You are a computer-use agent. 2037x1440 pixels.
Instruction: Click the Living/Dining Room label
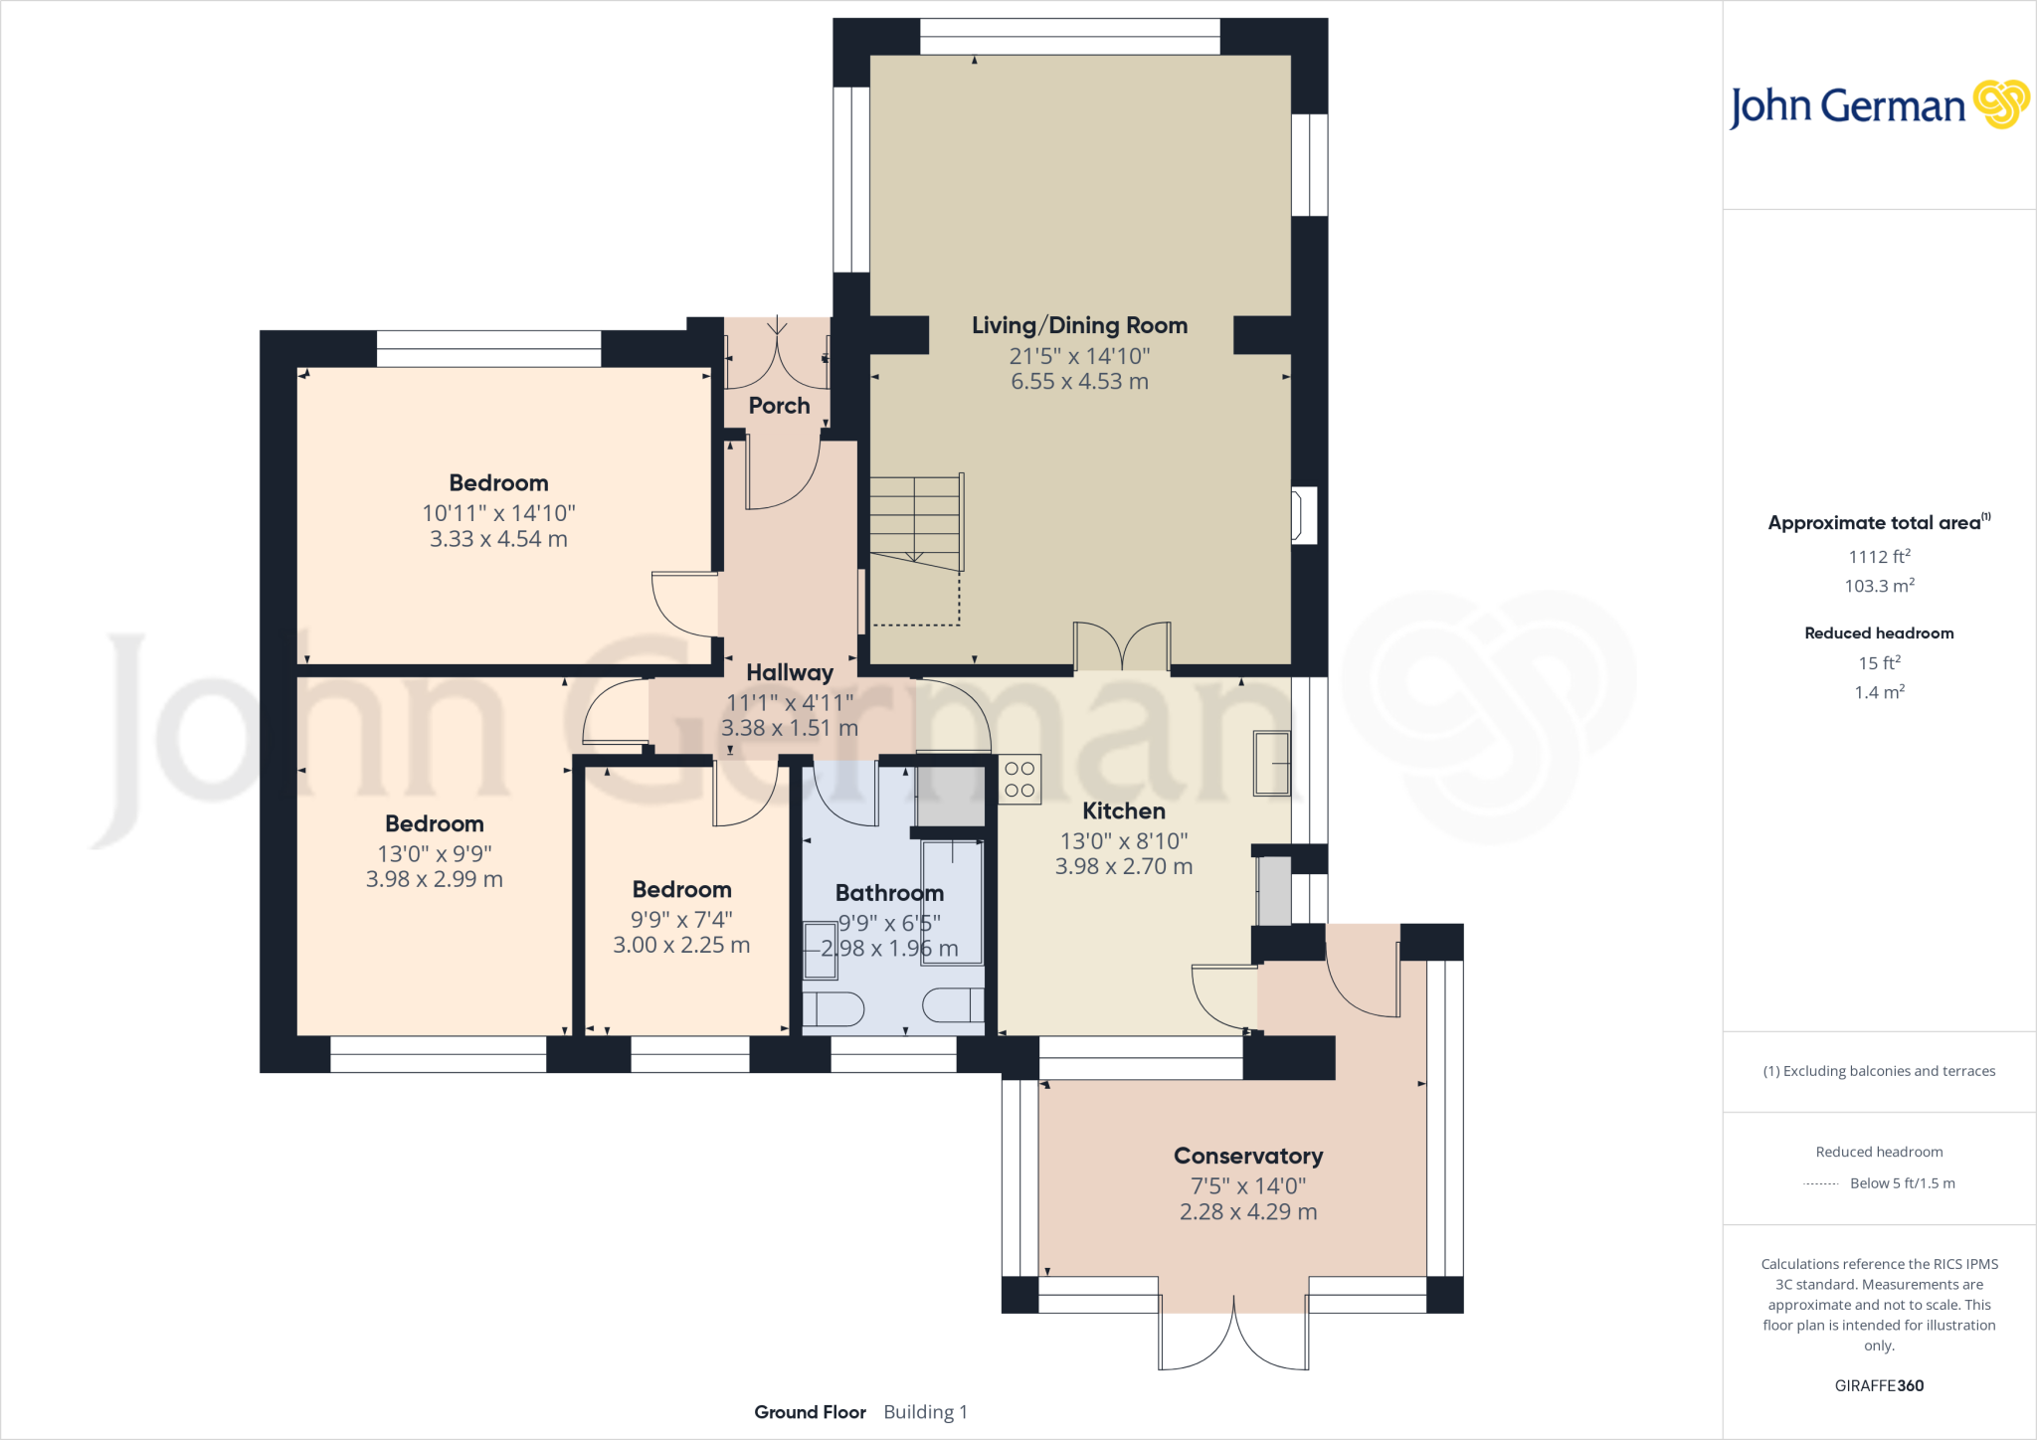1079,325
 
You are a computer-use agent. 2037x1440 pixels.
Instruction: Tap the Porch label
779,406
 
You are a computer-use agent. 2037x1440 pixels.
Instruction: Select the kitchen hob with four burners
1019,780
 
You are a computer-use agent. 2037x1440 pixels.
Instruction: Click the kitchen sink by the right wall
1271,763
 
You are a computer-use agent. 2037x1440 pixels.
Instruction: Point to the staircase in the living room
916,520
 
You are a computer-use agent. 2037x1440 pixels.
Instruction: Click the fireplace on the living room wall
1303,515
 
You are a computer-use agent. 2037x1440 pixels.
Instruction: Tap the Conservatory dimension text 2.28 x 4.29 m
1248,1212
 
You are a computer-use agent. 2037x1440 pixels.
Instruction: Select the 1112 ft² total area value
1879,557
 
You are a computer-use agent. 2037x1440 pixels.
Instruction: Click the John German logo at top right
1879,105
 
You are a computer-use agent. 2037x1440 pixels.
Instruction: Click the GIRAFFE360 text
1879,1385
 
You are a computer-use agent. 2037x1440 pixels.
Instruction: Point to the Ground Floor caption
810,1412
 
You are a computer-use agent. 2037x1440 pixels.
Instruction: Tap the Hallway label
790,673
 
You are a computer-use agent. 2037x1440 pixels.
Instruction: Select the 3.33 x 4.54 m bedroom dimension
498,539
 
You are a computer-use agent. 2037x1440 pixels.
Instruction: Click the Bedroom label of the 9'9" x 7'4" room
681,890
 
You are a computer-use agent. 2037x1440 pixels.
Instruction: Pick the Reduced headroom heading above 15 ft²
1879,633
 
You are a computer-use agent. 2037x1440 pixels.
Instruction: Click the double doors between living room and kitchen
1122,646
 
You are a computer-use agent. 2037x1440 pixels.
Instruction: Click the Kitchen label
1124,811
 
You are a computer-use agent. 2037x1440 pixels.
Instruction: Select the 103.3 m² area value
1879,586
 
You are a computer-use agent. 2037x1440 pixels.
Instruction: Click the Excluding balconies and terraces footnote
1879,1071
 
